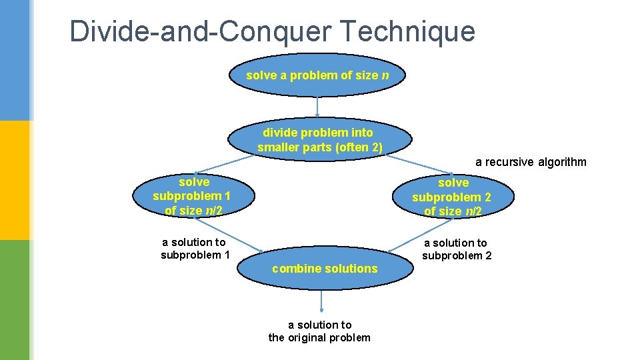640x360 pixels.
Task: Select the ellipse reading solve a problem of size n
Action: (317, 75)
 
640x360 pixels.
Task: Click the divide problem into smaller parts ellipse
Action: (318, 140)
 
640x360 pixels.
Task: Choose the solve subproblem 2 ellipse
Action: (452, 197)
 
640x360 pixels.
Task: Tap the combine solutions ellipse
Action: (325, 269)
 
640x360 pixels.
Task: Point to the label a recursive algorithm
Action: (531, 162)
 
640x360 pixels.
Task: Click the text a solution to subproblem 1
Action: (195, 249)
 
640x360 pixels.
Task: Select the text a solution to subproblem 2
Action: (456, 249)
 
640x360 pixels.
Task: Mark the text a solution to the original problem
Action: (319, 331)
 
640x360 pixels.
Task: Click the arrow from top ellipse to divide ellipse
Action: (317, 107)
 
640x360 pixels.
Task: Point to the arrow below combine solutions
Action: (322, 301)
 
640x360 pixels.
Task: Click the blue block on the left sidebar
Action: (14, 60)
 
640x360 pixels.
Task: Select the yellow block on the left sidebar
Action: (14, 180)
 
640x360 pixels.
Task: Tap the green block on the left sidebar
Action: (14, 300)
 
